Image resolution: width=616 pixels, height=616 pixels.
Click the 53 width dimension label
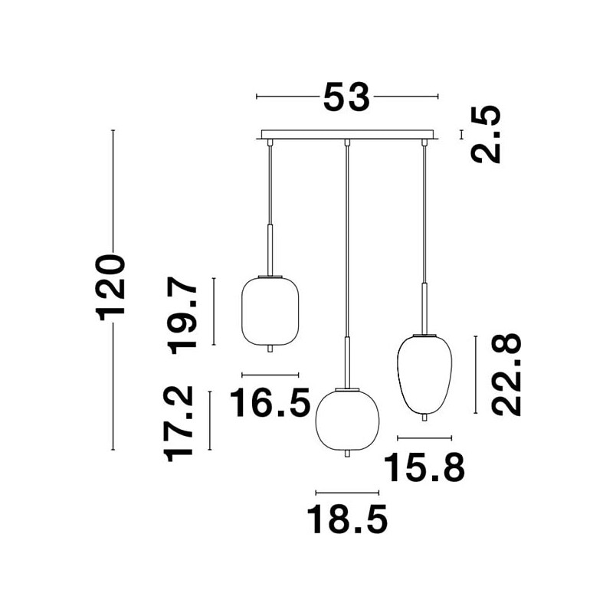(x=346, y=97)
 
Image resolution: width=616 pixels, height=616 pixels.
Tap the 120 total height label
(x=110, y=287)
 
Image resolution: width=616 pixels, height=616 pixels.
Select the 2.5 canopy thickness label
(x=486, y=135)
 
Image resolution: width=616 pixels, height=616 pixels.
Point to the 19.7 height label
(x=182, y=316)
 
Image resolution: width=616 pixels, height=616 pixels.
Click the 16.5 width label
(x=270, y=402)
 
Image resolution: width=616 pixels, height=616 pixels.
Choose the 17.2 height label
(x=179, y=424)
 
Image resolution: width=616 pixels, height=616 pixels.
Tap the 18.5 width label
(x=347, y=519)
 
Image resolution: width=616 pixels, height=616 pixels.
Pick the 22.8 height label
(x=506, y=375)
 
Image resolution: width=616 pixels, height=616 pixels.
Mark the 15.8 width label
(x=424, y=467)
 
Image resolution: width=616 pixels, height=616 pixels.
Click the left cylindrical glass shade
(x=270, y=310)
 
